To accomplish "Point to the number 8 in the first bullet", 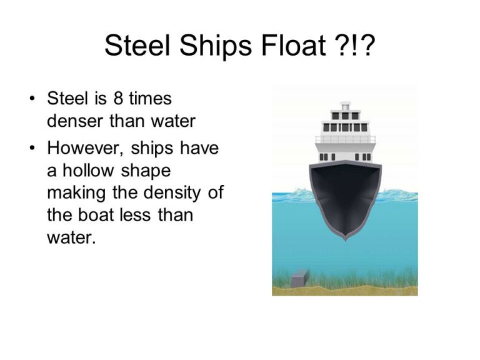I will (x=117, y=99).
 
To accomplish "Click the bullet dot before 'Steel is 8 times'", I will (x=32, y=99).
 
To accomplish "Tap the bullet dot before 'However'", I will (x=32, y=149).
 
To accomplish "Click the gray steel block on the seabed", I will (x=300, y=277).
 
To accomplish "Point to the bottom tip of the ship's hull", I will (x=345, y=239).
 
